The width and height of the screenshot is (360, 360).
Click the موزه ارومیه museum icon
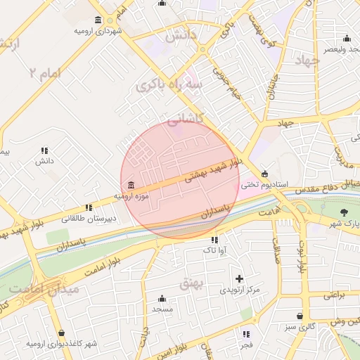pos(131,185)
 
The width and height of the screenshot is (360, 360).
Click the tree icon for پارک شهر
pos(344,212)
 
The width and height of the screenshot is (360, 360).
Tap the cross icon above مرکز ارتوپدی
pos(240,278)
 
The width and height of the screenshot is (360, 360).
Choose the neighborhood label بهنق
pos(191,283)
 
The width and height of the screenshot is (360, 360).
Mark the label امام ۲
pos(46,72)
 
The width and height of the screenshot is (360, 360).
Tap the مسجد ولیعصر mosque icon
pos(346,38)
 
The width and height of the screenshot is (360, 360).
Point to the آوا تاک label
pos(213,250)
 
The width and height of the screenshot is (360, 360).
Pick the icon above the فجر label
pos(246,334)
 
